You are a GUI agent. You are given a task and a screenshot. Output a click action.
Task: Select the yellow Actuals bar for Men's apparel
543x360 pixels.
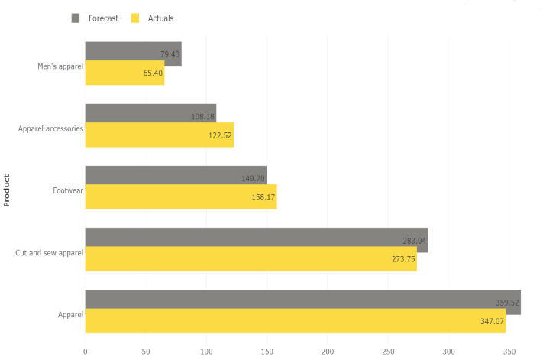click(124, 73)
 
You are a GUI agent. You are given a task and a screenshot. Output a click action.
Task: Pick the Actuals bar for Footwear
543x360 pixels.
click(180, 196)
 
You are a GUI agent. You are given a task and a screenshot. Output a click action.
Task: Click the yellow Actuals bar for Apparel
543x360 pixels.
click(295, 320)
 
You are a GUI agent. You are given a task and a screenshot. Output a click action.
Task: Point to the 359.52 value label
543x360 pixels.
click(507, 303)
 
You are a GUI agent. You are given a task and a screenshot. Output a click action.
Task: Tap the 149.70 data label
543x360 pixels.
click(253, 179)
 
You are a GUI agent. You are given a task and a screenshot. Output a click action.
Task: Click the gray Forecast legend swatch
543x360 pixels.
click(76, 18)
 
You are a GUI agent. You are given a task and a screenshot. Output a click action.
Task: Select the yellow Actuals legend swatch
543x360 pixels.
click(136, 18)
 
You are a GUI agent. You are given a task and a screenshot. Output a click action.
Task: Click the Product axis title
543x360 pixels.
click(7, 190)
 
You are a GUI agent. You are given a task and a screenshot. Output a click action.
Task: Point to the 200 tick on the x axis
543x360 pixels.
click(328, 352)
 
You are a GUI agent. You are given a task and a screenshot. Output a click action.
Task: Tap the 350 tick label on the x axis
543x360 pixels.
click(509, 352)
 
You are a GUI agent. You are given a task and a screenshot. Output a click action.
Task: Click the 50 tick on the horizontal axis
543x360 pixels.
click(146, 352)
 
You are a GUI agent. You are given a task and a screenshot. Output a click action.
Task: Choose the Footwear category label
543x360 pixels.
click(68, 190)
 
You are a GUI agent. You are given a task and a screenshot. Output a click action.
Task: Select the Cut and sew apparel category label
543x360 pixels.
click(50, 252)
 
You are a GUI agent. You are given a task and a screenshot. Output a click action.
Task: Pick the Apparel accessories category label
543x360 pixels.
click(50, 128)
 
